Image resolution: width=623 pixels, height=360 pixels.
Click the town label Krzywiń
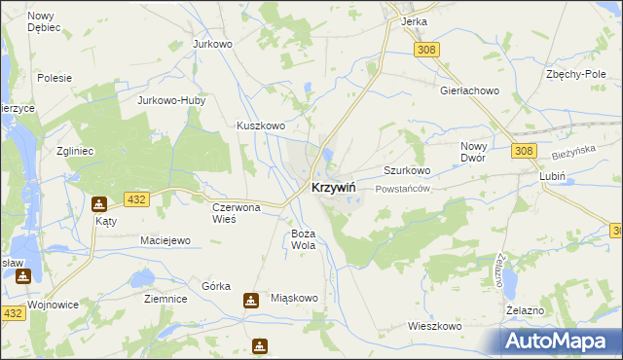pos(333,188)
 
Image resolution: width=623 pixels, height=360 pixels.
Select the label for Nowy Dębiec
pos(44,21)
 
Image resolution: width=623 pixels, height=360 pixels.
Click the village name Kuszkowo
pos(261,126)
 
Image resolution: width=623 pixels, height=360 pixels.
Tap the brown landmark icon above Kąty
pos(99,204)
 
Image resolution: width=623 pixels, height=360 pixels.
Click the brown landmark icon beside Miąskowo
pos(251,300)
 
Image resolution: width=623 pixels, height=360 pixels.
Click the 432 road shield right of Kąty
pos(136,199)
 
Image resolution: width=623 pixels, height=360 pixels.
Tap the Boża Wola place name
pos(304,240)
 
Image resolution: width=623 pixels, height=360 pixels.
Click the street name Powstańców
pos(402,189)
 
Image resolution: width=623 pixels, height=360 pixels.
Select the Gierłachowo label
pos(469,90)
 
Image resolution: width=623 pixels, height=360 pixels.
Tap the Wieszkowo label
pos(434,327)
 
